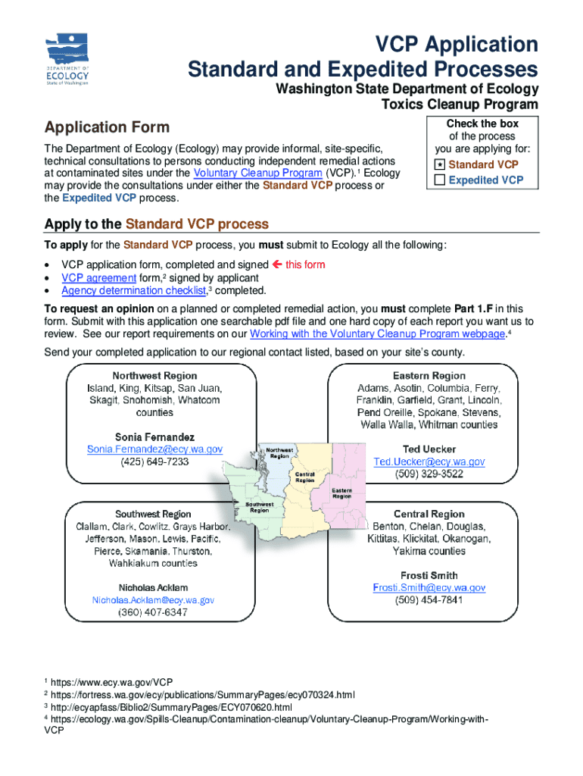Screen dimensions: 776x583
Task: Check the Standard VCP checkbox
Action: click(439, 164)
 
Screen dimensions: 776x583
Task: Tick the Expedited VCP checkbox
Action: click(439, 180)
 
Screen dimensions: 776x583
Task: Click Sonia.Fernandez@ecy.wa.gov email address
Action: click(154, 449)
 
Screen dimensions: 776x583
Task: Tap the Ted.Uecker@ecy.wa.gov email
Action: click(429, 462)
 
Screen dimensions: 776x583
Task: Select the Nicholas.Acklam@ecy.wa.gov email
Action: click(153, 599)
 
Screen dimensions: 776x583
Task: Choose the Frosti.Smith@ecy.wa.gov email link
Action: click(429, 587)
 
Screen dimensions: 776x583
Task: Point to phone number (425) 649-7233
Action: click(154, 462)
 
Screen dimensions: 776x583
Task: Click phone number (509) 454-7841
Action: click(429, 600)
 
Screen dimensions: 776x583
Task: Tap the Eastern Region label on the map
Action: click(341, 493)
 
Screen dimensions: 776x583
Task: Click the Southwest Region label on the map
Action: click(260, 506)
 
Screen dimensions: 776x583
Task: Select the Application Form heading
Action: click(107, 127)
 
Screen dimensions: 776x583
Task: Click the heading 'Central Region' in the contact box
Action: click(429, 514)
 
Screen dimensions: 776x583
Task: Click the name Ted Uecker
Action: click(429, 449)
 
